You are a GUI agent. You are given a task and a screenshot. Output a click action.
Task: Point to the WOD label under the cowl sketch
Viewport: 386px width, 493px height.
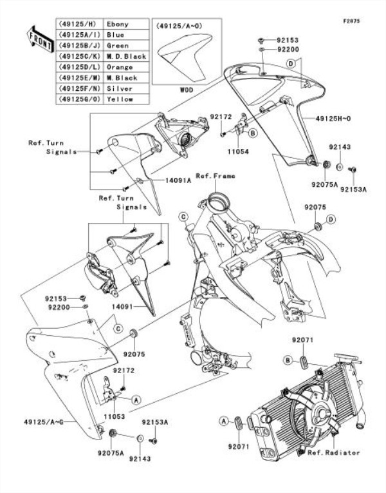tap(187, 89)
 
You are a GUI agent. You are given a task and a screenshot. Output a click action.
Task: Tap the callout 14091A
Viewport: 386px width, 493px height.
tap(162, 181)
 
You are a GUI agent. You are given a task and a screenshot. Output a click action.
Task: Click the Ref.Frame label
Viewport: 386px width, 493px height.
tap(215, 176)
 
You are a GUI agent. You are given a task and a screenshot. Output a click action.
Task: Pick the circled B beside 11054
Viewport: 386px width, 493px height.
tap(253, 133)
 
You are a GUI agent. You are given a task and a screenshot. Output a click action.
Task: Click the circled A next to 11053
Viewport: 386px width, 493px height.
tap(136, 400)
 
